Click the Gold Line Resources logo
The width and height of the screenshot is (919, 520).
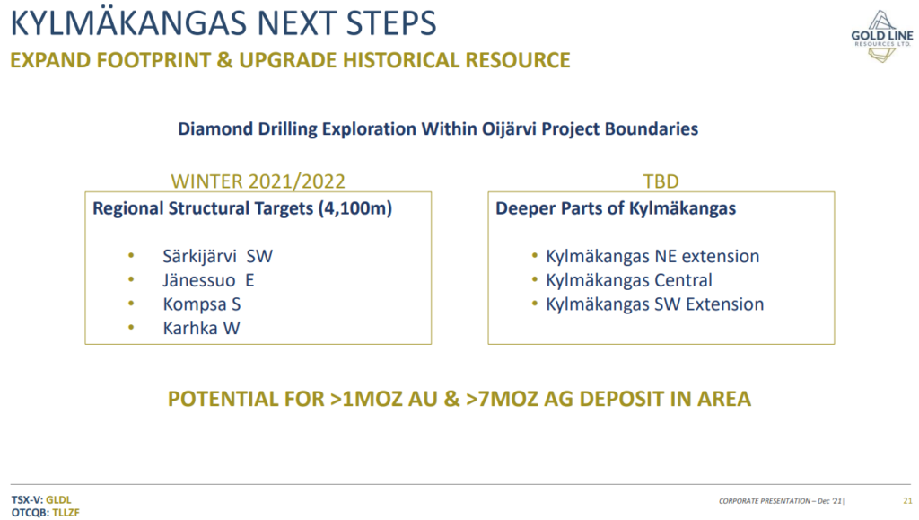(x=881, y=36)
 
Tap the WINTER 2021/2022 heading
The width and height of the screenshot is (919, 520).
(x=258, y=181)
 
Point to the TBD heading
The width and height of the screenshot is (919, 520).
(x=661, y=181)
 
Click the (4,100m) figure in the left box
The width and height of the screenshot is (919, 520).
(x=355, y=208)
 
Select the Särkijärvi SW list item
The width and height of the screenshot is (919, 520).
(x=217, y=257)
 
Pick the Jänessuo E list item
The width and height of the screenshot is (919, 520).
(x=208, y=280)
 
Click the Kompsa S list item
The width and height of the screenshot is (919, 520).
(x=202, y=304)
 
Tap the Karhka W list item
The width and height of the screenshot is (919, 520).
(x=201, y=329)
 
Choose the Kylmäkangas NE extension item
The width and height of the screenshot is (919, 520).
(x=652, y=256)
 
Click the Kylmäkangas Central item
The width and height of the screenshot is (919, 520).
(x=629, y=280)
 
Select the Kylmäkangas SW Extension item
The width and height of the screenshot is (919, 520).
(x=654, y=304)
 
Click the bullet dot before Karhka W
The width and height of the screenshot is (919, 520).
(x=131, y=328)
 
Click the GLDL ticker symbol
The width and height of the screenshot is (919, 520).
(x=58, y=500)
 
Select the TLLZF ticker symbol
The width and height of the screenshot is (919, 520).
(x=66, y=513)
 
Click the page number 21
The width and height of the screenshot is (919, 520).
(x=907, y=501)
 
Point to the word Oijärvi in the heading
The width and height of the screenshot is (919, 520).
(x=509, y=129)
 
